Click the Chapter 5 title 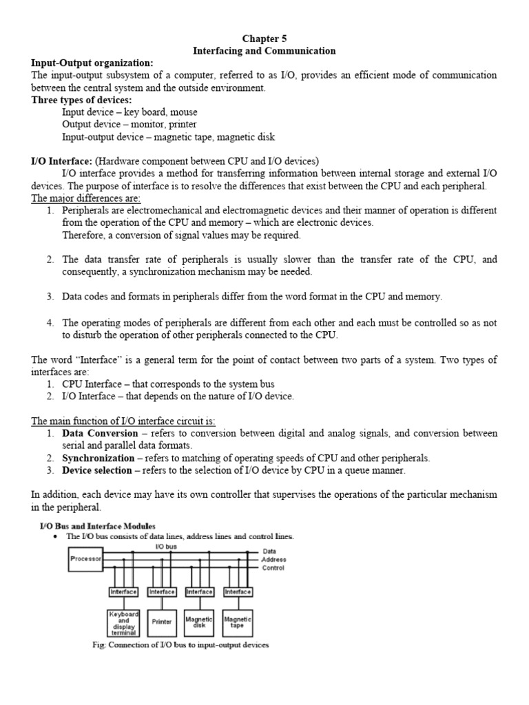264,39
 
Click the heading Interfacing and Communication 264,51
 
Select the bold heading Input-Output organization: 92,63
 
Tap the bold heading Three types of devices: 82,100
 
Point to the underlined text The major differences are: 85,198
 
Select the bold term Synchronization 98,458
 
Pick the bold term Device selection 96,470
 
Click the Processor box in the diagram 86,559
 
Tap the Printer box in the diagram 162,621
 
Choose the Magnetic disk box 200,622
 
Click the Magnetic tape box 238,622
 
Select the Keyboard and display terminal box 124,622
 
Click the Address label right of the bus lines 273,560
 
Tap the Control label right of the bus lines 273,568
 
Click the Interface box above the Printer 162,591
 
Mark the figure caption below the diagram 180,645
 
